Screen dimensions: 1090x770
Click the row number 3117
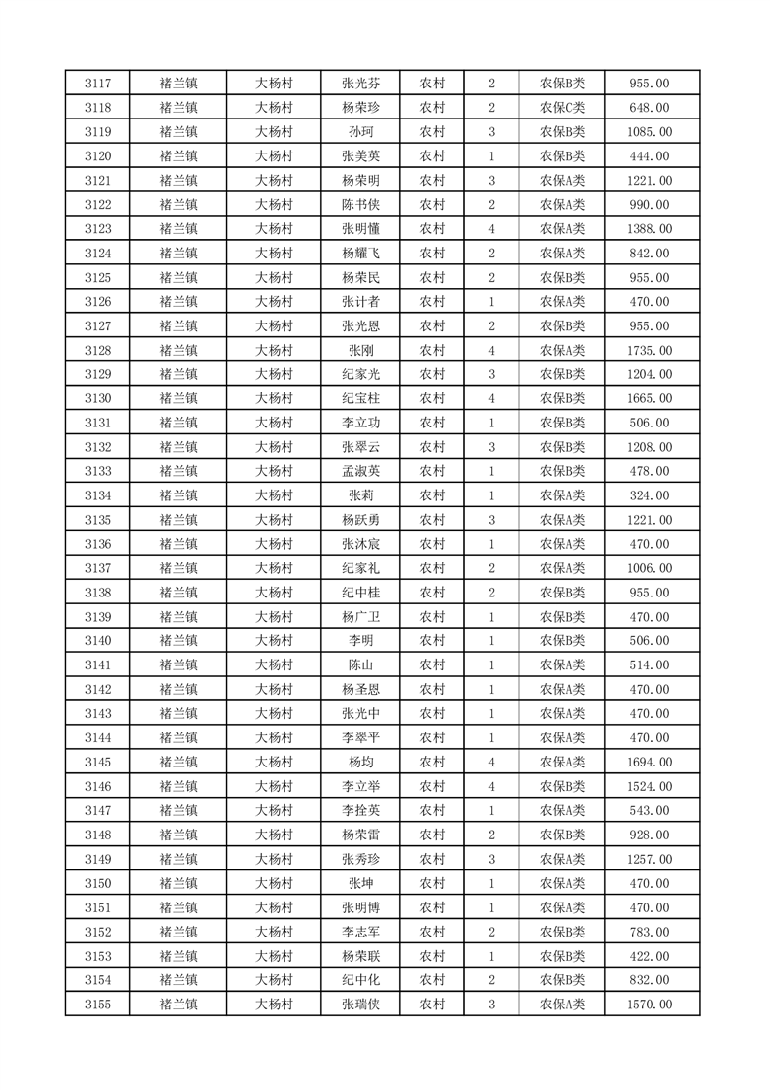(x=98, y=84)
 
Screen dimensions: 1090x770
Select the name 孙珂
(x=360, y=132)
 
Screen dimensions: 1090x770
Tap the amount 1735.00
(x=650, y=350)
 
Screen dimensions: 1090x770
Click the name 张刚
(x=360, y=350)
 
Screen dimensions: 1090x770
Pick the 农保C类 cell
(x=562, y=108)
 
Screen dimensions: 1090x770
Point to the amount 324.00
(x=650, y=495)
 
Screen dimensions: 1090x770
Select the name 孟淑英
(x=360, y=471)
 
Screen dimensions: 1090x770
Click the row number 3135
(x=98, y=520)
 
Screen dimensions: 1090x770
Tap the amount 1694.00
(x=650, y=762)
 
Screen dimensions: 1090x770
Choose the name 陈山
(x=360, y=664)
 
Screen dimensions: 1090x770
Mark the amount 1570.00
(x=650, y=1005)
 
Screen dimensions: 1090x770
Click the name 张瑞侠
(x=360, y=1005)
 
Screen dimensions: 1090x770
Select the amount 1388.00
(x=650, y=229)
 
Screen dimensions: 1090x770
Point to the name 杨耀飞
(x=360, y=254)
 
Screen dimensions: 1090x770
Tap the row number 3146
(x=98, y=786)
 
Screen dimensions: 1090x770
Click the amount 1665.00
(x=650, y=398)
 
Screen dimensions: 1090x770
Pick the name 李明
(x=360, y=640)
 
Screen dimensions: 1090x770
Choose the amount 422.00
(x=650, y=956)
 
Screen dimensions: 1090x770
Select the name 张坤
(x=360, y=883)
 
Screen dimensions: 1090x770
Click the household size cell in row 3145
(x=492, y=762)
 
